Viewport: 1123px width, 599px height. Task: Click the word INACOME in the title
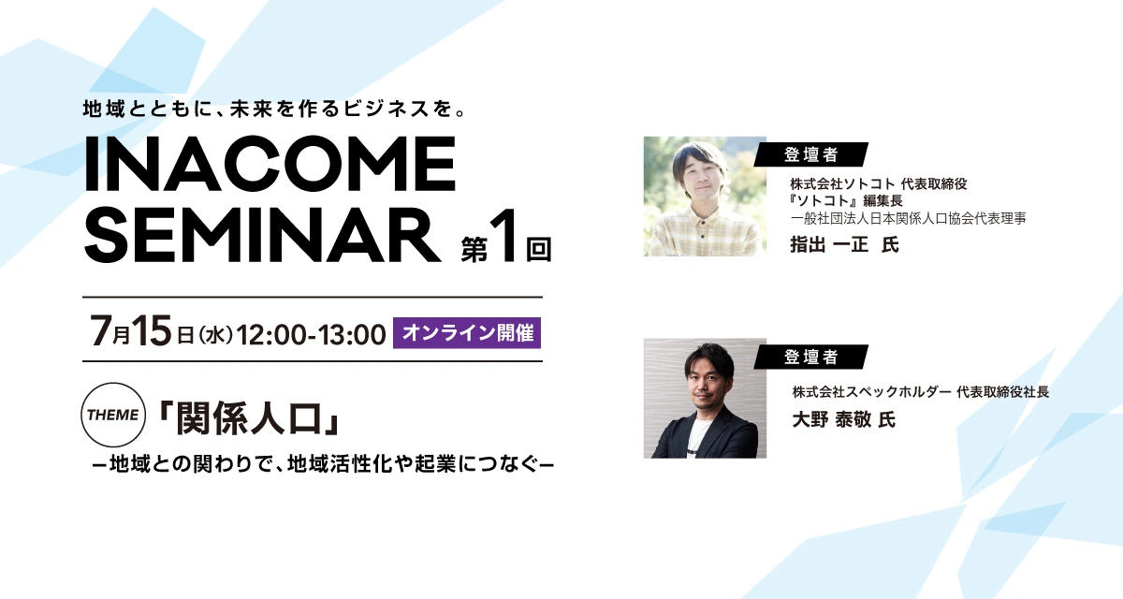pos(270,164)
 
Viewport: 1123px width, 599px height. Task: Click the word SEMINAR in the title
pos(263,236)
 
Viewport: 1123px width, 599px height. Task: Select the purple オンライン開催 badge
pos(467,333)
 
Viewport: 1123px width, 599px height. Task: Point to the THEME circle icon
pos(113,415)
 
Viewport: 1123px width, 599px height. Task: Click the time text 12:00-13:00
pos(311,335)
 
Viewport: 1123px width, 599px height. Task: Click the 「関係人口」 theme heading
pos(249,418)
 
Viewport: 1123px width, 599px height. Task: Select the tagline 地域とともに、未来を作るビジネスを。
pos(275,109)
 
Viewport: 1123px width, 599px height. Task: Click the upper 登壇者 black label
pos(810,154)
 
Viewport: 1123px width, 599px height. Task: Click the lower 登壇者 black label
pos(810,357)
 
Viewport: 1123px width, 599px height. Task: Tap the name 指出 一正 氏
pos(845,244)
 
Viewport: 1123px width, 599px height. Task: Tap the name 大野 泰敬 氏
pos(844,419)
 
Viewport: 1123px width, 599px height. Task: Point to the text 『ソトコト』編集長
pos(846,200)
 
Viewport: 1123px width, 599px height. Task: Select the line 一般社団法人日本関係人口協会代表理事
pos(909,218)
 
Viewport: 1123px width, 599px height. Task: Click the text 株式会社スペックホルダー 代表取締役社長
pos(921,392)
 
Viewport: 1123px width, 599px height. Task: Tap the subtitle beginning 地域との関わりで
pos(324,464)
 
